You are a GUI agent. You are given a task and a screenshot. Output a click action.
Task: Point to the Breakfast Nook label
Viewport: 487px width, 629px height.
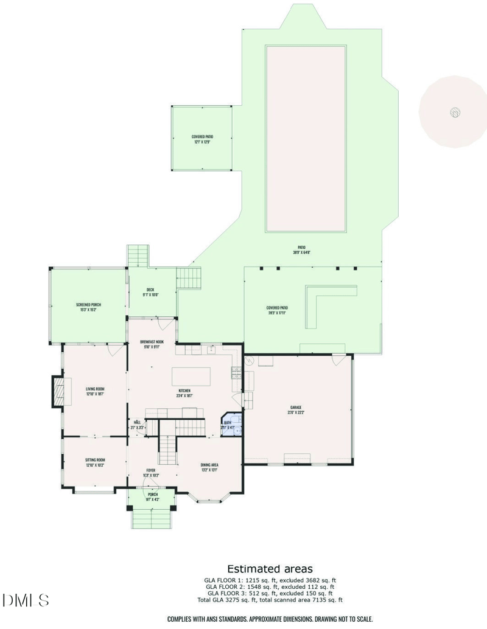(x=152, y=342)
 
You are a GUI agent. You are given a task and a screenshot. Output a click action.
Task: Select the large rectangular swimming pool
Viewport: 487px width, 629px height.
(x=306, y=138)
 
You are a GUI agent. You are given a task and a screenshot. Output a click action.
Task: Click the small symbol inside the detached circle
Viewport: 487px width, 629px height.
(x=454, y=112)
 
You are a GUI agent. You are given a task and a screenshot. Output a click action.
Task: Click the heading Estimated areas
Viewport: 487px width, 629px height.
(x=270, y=569)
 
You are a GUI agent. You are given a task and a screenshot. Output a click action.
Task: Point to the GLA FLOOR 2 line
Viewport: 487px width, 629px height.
(x=270, y=586)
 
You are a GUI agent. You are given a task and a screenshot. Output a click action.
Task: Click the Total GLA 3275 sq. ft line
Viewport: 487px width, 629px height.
(x=270, y=600)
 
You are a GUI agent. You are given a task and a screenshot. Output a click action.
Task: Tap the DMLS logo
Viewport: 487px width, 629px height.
(x=25, y=601)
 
